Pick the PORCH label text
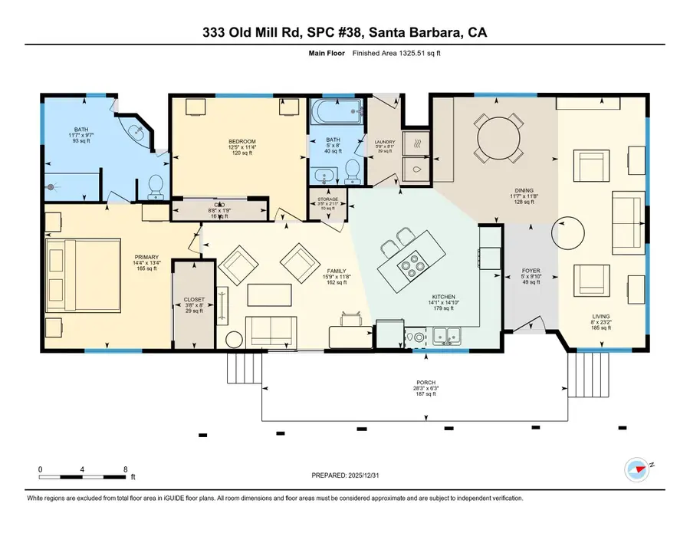(x=426, y=383)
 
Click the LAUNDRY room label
(x=385, y=142)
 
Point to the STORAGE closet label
(x=327, y=199)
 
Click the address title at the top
(x=344, y=33)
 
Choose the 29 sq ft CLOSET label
(x=193, y=301)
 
